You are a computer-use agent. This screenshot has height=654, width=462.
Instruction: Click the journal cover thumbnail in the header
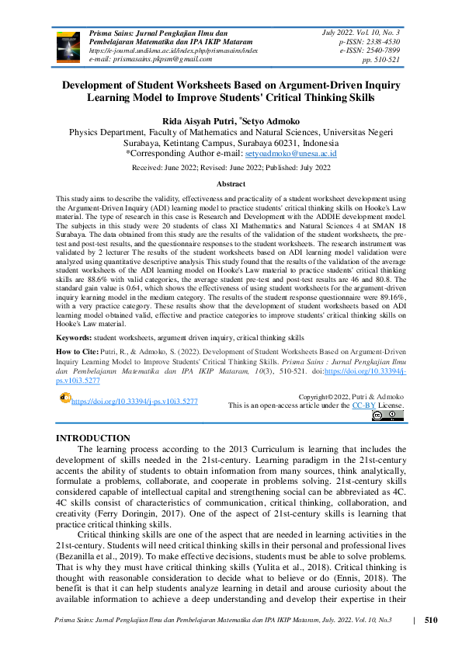[68, 45]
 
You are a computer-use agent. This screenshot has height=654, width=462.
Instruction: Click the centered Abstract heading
[231, 184]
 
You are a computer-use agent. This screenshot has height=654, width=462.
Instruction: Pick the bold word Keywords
[75, 339]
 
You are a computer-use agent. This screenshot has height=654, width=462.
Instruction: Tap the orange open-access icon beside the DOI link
[65, 398]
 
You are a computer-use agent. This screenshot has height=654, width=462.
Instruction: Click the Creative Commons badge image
[387, 416]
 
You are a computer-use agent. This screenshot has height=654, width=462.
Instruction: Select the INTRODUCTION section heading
[93, 439]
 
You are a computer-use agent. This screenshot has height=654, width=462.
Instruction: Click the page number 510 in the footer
[432, 620]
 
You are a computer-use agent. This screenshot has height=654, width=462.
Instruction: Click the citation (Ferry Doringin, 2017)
[162, 513]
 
